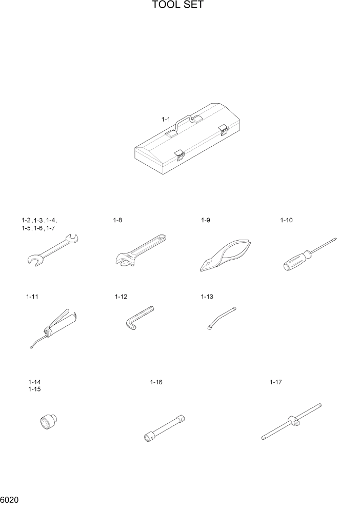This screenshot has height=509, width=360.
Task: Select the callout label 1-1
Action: click(x=166, y=119)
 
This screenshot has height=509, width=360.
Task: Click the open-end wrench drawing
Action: click(x=51, y=250)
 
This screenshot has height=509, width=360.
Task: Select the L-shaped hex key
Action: click(x=137, y=318)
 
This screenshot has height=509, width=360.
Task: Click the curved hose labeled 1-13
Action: click(x=222, y=317)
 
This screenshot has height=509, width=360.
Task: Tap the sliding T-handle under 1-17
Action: click(x=291, y=422)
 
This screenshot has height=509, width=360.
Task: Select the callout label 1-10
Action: click(x=286, y=220)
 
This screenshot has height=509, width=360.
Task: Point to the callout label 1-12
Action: click(x=121, y=297)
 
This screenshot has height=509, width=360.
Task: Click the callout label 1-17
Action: click(x=276, y=382)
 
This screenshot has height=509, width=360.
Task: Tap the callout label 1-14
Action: click(x=34, y=382)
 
